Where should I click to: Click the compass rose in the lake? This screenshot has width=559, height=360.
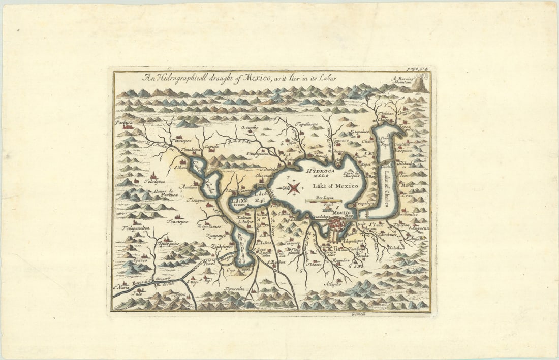(294, 188)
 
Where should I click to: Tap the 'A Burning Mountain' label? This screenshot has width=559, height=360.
(404, 81)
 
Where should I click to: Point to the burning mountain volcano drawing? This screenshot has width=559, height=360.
(420, 84)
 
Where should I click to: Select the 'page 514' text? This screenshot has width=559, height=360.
(419, 69)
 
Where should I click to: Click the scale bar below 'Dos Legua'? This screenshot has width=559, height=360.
(323, 201)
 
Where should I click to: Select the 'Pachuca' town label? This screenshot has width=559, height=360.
(123, 122)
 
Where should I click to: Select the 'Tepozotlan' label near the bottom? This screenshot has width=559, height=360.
(233, 289)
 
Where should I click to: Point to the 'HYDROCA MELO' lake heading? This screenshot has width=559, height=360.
(320, 174)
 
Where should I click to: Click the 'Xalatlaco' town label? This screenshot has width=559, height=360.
(398, 248)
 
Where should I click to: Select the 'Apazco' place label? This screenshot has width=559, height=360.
(140, 260)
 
